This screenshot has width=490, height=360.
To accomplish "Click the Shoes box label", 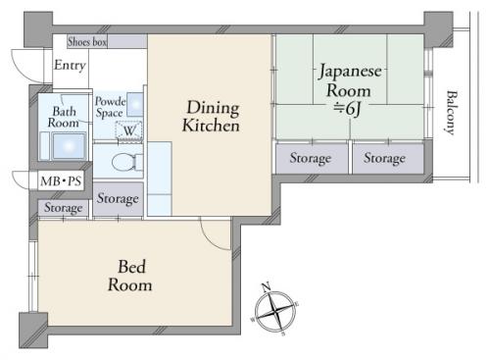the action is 87,42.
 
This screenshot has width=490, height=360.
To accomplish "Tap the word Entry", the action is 70,66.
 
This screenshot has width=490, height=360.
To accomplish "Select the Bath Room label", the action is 64,117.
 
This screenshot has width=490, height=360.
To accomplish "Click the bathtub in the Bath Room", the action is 69,146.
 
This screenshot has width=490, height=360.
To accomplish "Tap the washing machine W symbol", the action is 129,130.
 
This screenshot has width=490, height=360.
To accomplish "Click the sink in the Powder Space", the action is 135,105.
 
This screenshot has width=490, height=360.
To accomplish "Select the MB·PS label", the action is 61,180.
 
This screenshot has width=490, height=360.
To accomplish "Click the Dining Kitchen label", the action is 212,117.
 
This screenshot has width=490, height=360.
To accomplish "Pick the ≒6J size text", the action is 347,109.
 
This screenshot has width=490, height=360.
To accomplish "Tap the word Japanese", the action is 350,72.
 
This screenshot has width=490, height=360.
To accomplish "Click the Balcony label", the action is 451,112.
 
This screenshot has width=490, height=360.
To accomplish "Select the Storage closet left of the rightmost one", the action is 312,158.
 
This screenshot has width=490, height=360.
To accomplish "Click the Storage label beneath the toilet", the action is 118,198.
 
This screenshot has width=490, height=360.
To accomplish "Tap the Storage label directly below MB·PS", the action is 64,208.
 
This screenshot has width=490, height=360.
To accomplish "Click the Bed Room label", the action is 130,276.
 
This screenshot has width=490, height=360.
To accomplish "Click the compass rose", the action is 275,310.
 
